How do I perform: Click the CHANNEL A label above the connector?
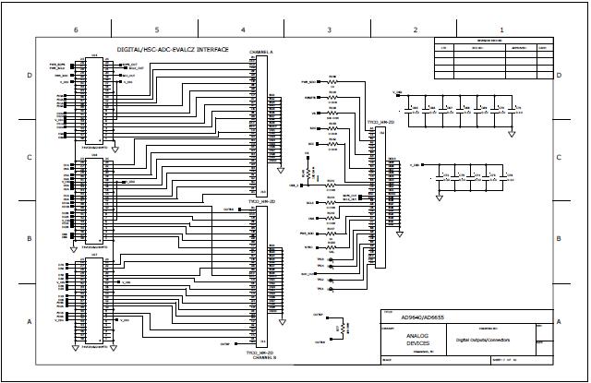point(260,53)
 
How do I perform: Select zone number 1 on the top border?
point(501,30)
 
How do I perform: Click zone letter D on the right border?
point(560,75)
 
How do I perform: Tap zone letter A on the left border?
point(30,320)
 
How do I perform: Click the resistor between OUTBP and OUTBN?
point(344,328)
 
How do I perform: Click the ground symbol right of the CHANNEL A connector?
point(282,169)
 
